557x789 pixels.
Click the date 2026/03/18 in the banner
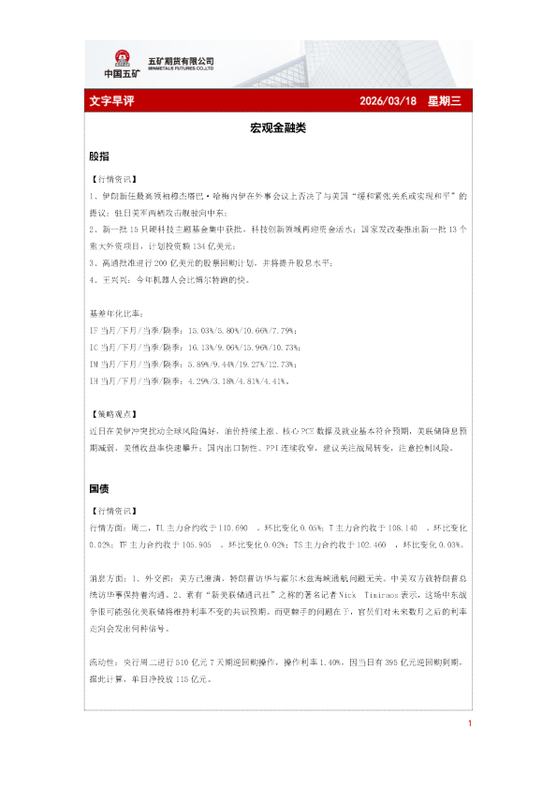point(388,102)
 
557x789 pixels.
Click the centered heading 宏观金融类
point(278,127)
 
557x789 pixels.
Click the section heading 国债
point(97,488)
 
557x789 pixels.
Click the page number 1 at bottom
point(469,723)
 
